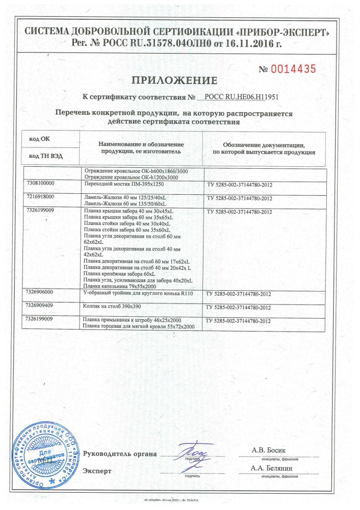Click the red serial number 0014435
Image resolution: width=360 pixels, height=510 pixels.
click(x=294, y=68)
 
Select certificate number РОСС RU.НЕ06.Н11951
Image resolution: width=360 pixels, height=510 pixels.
click(x=240, y=96)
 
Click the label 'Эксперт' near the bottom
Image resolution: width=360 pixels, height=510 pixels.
click(x=96, y=470)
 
